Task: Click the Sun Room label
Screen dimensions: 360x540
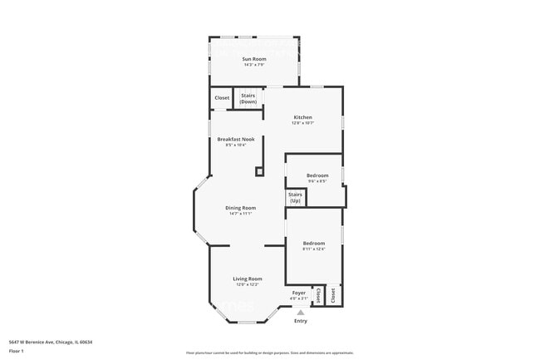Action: coord(253,59)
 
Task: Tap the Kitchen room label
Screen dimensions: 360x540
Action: coord(302,118)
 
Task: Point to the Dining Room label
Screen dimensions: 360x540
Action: coord(240,208)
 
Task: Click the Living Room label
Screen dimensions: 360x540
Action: coord(247,279)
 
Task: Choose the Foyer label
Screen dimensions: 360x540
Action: coord(298,293)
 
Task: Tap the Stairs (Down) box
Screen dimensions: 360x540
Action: coord(248,98)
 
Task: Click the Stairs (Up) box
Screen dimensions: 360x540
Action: coord(295,197)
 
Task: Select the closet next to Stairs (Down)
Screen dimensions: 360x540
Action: coord(222,98)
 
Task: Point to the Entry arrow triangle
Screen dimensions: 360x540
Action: coord(301,313)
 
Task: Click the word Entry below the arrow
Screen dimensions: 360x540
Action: coord(301,321)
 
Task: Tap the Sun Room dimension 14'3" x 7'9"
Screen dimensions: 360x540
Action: coord(253,65)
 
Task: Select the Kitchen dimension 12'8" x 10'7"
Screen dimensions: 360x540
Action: coord(302,124)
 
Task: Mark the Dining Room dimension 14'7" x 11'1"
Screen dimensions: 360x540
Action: coord(240,214)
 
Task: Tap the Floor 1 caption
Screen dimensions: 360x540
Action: coord(17,351)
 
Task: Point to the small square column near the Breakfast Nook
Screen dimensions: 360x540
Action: coord(259,171)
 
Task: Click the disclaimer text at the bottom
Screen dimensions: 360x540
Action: coord(270,353)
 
